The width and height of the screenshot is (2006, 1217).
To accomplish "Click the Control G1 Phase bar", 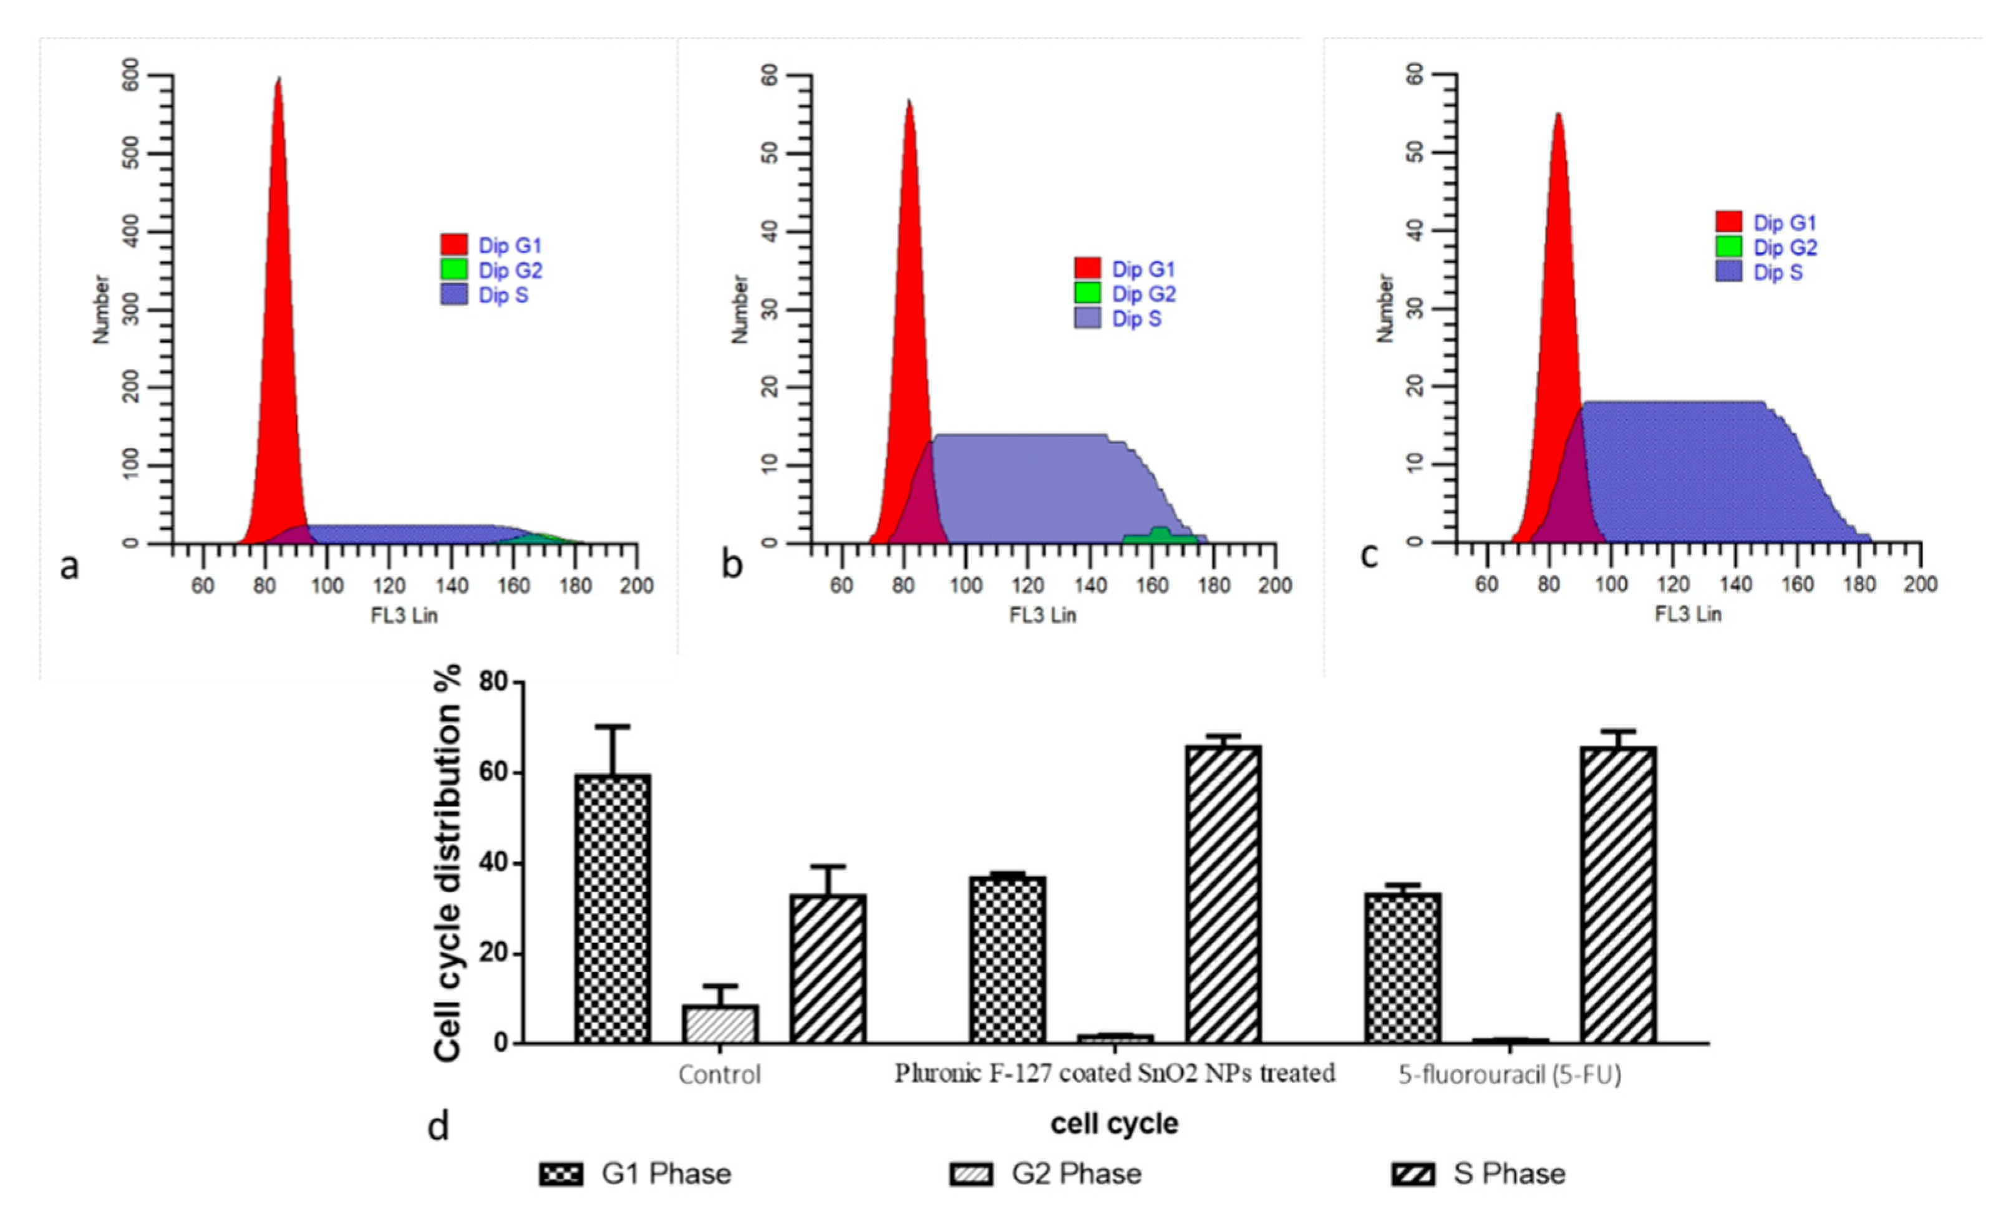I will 613,908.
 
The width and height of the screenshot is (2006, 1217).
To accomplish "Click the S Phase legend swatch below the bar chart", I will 1413,1175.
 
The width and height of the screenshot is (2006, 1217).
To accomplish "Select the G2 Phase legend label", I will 1076,1174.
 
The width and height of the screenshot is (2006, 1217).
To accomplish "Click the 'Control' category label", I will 720,1075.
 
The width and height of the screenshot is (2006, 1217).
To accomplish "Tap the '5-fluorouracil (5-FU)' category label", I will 1510,1075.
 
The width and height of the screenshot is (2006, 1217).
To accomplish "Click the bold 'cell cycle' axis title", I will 1114,1123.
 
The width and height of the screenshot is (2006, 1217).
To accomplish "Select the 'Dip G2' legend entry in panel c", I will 1785,248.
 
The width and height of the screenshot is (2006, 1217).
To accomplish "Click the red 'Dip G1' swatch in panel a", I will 454,245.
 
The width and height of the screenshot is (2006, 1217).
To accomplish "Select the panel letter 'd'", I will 438,1127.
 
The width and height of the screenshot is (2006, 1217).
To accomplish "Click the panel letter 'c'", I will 1370,555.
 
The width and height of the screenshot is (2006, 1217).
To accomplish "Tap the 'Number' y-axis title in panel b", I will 739,309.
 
